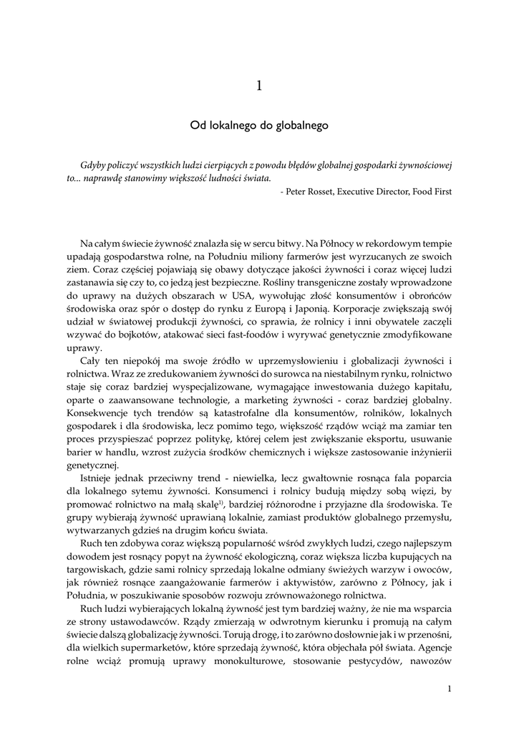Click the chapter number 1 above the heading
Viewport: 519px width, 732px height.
point(259,86)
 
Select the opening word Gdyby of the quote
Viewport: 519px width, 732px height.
point(94,164)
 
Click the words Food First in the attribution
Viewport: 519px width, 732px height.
point(432,192)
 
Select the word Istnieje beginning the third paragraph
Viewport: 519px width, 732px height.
point(100,475)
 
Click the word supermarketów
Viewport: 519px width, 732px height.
point(147,646)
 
